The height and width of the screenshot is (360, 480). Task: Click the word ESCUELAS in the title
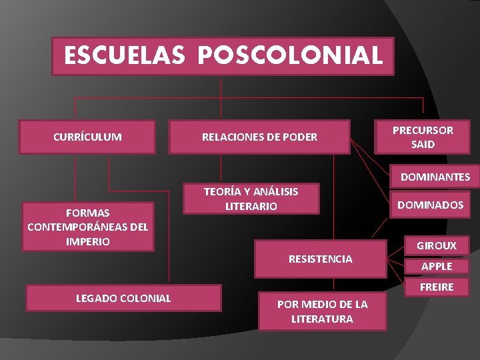tap(125, 55)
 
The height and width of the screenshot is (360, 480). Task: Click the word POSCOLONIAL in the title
tap(290, 55)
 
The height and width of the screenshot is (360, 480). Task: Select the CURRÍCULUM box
tap(87, 137)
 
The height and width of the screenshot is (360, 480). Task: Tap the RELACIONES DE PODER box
tap(260, 137)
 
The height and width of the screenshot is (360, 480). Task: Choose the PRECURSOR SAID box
tap(423, 137)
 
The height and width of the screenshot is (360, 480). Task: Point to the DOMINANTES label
tap(435, 177)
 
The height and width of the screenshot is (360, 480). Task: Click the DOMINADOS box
tap(430, 205)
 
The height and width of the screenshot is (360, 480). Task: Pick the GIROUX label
tap(437, 245)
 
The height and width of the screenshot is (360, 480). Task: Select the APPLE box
tap(437, 266)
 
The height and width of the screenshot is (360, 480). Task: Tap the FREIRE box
tap(437, 287)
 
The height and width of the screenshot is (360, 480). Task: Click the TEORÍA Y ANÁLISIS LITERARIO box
tap(251, 199)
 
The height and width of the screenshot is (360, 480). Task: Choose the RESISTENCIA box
tap(320, 259)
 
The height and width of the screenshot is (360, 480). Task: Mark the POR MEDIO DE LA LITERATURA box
tap(322, 311)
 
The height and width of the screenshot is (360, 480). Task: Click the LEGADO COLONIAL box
tap(123, 298)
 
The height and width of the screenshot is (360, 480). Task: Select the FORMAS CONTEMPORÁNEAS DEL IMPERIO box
tap(87, 227)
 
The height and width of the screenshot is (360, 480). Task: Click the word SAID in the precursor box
tap(423, 144)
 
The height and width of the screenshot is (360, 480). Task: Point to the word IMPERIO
tap(87, 241)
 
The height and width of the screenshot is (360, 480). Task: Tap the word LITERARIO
tap(251, 207)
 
